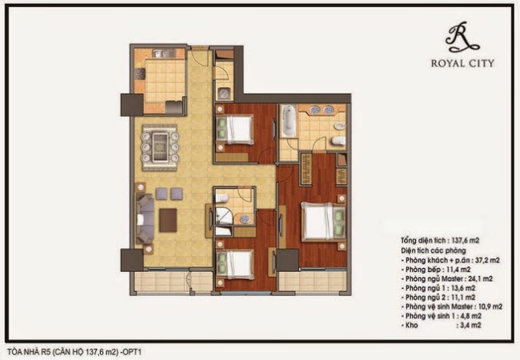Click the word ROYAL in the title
click(446, 63)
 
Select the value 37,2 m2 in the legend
click(487, 260)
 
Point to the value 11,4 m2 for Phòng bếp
click(458, 270)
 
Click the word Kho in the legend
click(411, 325)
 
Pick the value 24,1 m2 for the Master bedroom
click(481, 278)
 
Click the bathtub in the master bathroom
click(288, 120)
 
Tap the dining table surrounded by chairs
click(161, 147)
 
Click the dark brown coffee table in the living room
click(168, 220)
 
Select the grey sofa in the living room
click(145, 219)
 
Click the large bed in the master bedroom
click(323, 222)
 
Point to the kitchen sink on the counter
click(164, 54)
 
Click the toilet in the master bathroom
click(338, 141)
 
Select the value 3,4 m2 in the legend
click(469, 325)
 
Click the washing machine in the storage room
click(225, 94)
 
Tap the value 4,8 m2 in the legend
click(470, 316)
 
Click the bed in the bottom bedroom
click(235, 264)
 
